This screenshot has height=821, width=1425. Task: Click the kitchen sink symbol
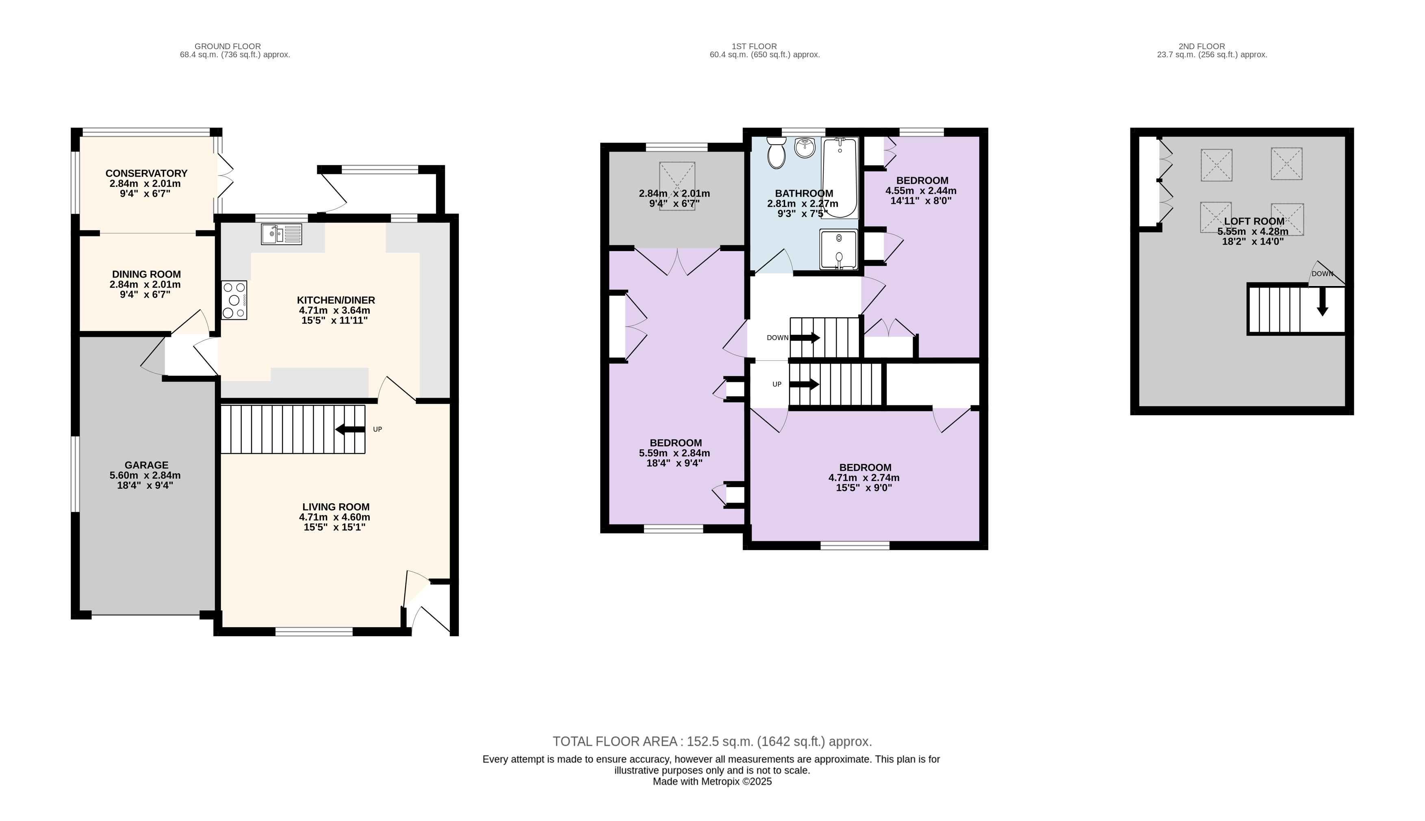[x=282, y=234]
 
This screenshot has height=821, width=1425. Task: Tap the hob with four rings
[x=234, y=300]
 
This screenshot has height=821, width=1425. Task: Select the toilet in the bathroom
[x=776, y=152]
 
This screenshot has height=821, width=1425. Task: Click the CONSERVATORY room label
[x=147, y=173]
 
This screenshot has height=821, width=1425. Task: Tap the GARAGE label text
[x=147, y=465]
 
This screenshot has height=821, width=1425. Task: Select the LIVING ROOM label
[x=336, y=507]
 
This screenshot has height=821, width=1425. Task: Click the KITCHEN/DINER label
[x=336, y=300]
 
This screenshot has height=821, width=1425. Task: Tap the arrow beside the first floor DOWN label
[x=805, y=338]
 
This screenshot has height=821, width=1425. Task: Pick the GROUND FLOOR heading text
[x=228, y=46]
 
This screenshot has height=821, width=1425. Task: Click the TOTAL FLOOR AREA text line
[x=712, y=741]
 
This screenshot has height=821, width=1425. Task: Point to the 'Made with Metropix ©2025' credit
[x=712, y=782]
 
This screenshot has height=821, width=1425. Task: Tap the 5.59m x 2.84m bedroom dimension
[x=675, y=453]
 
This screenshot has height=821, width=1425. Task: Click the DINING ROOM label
[x=147, y=275]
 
